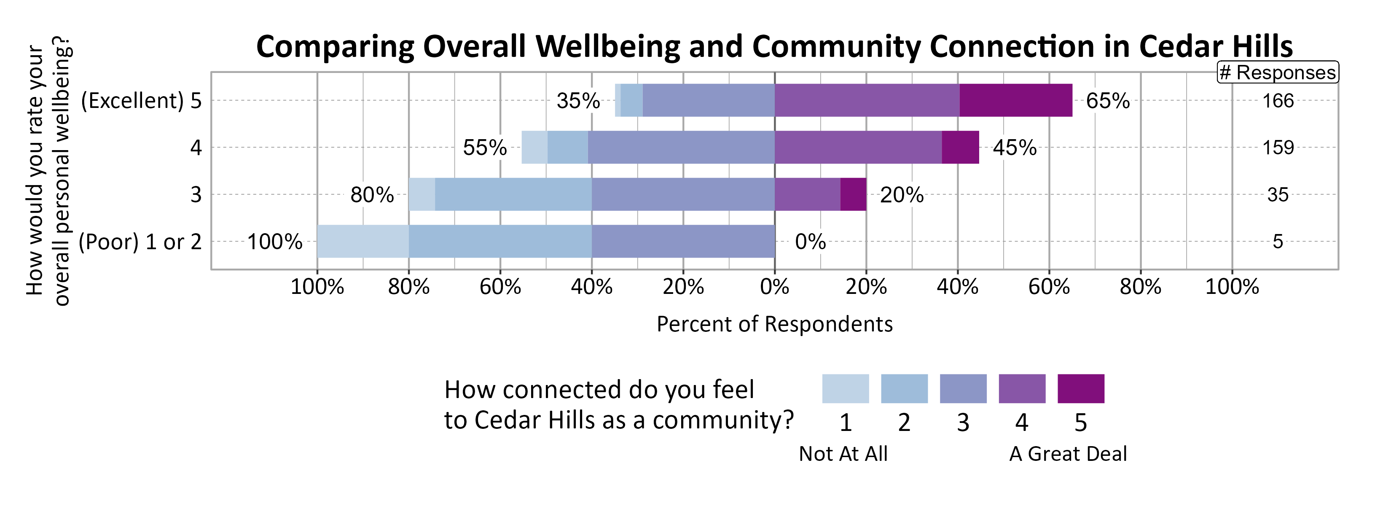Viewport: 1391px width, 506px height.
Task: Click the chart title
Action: click(774, 46)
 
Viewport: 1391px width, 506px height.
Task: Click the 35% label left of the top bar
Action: click(578, 101)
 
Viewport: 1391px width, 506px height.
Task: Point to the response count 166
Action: click(1278, 101)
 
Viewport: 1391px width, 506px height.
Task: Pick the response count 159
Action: click(1278, 148)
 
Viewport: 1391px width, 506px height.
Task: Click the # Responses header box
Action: click(1278, 73)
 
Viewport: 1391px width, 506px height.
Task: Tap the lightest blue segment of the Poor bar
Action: click(363, 241)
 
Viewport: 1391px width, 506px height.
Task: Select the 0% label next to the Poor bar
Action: click(810, 242)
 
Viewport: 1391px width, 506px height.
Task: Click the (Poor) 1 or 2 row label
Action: click(140, 242)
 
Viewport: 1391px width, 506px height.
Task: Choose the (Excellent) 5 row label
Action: click(141, 101)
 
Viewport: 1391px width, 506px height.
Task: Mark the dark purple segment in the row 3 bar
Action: click(853, 194)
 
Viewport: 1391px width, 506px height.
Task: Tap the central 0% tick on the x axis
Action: click(774, 287)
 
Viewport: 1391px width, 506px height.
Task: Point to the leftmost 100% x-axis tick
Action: click(317, 287)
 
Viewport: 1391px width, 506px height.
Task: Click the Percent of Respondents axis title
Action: click(774, 324)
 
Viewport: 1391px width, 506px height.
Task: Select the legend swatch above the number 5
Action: click(1080, 388)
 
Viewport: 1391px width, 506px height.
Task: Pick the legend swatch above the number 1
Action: click(845, 388)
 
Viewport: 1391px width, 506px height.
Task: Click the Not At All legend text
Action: click(843, 454)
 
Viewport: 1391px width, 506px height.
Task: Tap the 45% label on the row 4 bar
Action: click(1014, 148)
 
